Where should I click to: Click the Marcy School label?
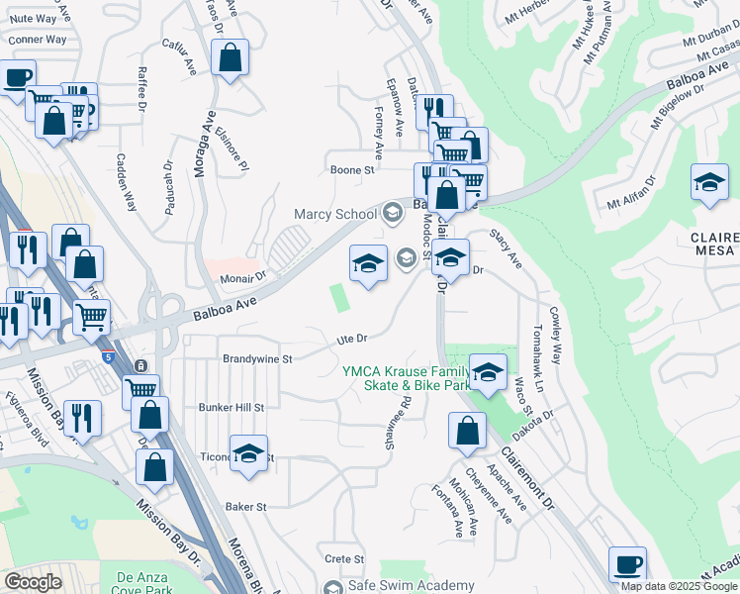[334, 214]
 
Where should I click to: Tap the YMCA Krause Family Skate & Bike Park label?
[406, 378]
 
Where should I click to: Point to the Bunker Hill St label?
[231, 407]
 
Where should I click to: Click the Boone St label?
[352, 170]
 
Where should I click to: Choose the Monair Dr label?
[243, 280]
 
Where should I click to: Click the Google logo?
[34, 582]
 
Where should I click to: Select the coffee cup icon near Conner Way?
[17, 78]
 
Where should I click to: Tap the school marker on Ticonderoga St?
[248, 453]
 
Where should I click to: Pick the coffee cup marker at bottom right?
[627, 564]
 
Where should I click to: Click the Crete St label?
[345, 559]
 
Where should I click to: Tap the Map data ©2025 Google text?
[679, 586]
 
